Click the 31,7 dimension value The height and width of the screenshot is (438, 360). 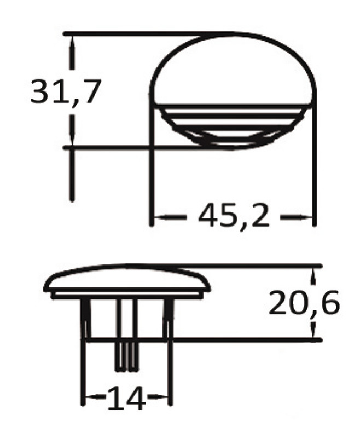point(66,91)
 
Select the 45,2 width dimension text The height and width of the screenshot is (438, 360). point(234,217)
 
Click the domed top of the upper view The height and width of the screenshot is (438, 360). point(233,66)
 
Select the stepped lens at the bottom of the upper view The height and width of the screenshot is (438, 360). point(233,129)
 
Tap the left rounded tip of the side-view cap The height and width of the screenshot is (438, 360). point(47,286)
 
